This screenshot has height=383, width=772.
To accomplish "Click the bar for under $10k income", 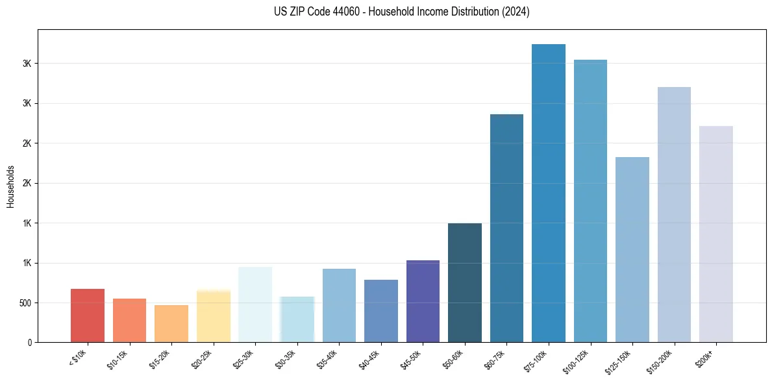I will (88, 315).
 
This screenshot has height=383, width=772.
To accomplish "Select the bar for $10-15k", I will (129, 321).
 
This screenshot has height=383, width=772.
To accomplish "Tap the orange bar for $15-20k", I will (171, 324).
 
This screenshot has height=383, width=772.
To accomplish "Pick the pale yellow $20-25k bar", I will (213, 317).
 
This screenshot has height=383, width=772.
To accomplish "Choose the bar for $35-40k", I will (339, 306).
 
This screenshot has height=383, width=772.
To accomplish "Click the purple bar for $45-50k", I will (423, 301).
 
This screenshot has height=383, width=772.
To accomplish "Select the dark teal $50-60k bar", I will (465, 283).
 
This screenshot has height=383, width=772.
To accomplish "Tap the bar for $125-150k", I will (632, 250).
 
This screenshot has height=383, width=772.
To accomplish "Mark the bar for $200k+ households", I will (716, 234).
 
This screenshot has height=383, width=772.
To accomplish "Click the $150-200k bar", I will (674, 215).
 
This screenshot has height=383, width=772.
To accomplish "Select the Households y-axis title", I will (10, 186).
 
